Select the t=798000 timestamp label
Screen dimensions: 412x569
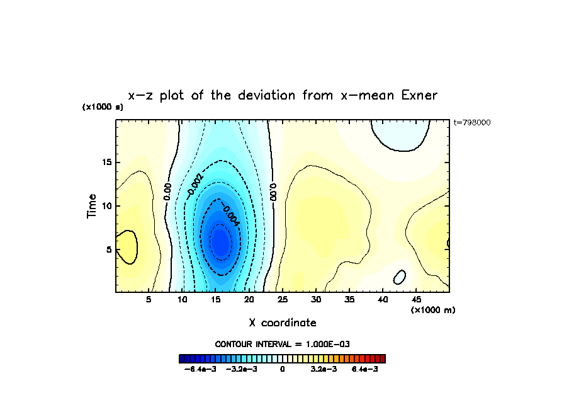coord(471,122)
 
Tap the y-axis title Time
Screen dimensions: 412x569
coord(93,205)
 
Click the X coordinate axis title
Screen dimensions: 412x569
coord(283,323)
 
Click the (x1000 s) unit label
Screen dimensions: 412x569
coord(103,107)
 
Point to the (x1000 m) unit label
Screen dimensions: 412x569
coord(433,310)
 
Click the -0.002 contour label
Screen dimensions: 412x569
coord(195,183)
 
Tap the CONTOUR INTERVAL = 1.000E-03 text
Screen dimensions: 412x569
coord(283,344)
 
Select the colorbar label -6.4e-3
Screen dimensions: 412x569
coord(200,369)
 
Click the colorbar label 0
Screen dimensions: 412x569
coord(283,369)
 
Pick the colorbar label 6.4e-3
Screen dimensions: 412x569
coord(364,369)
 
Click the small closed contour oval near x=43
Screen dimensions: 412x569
coord(400,277)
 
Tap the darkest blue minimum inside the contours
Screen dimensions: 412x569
coord(220,241)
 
